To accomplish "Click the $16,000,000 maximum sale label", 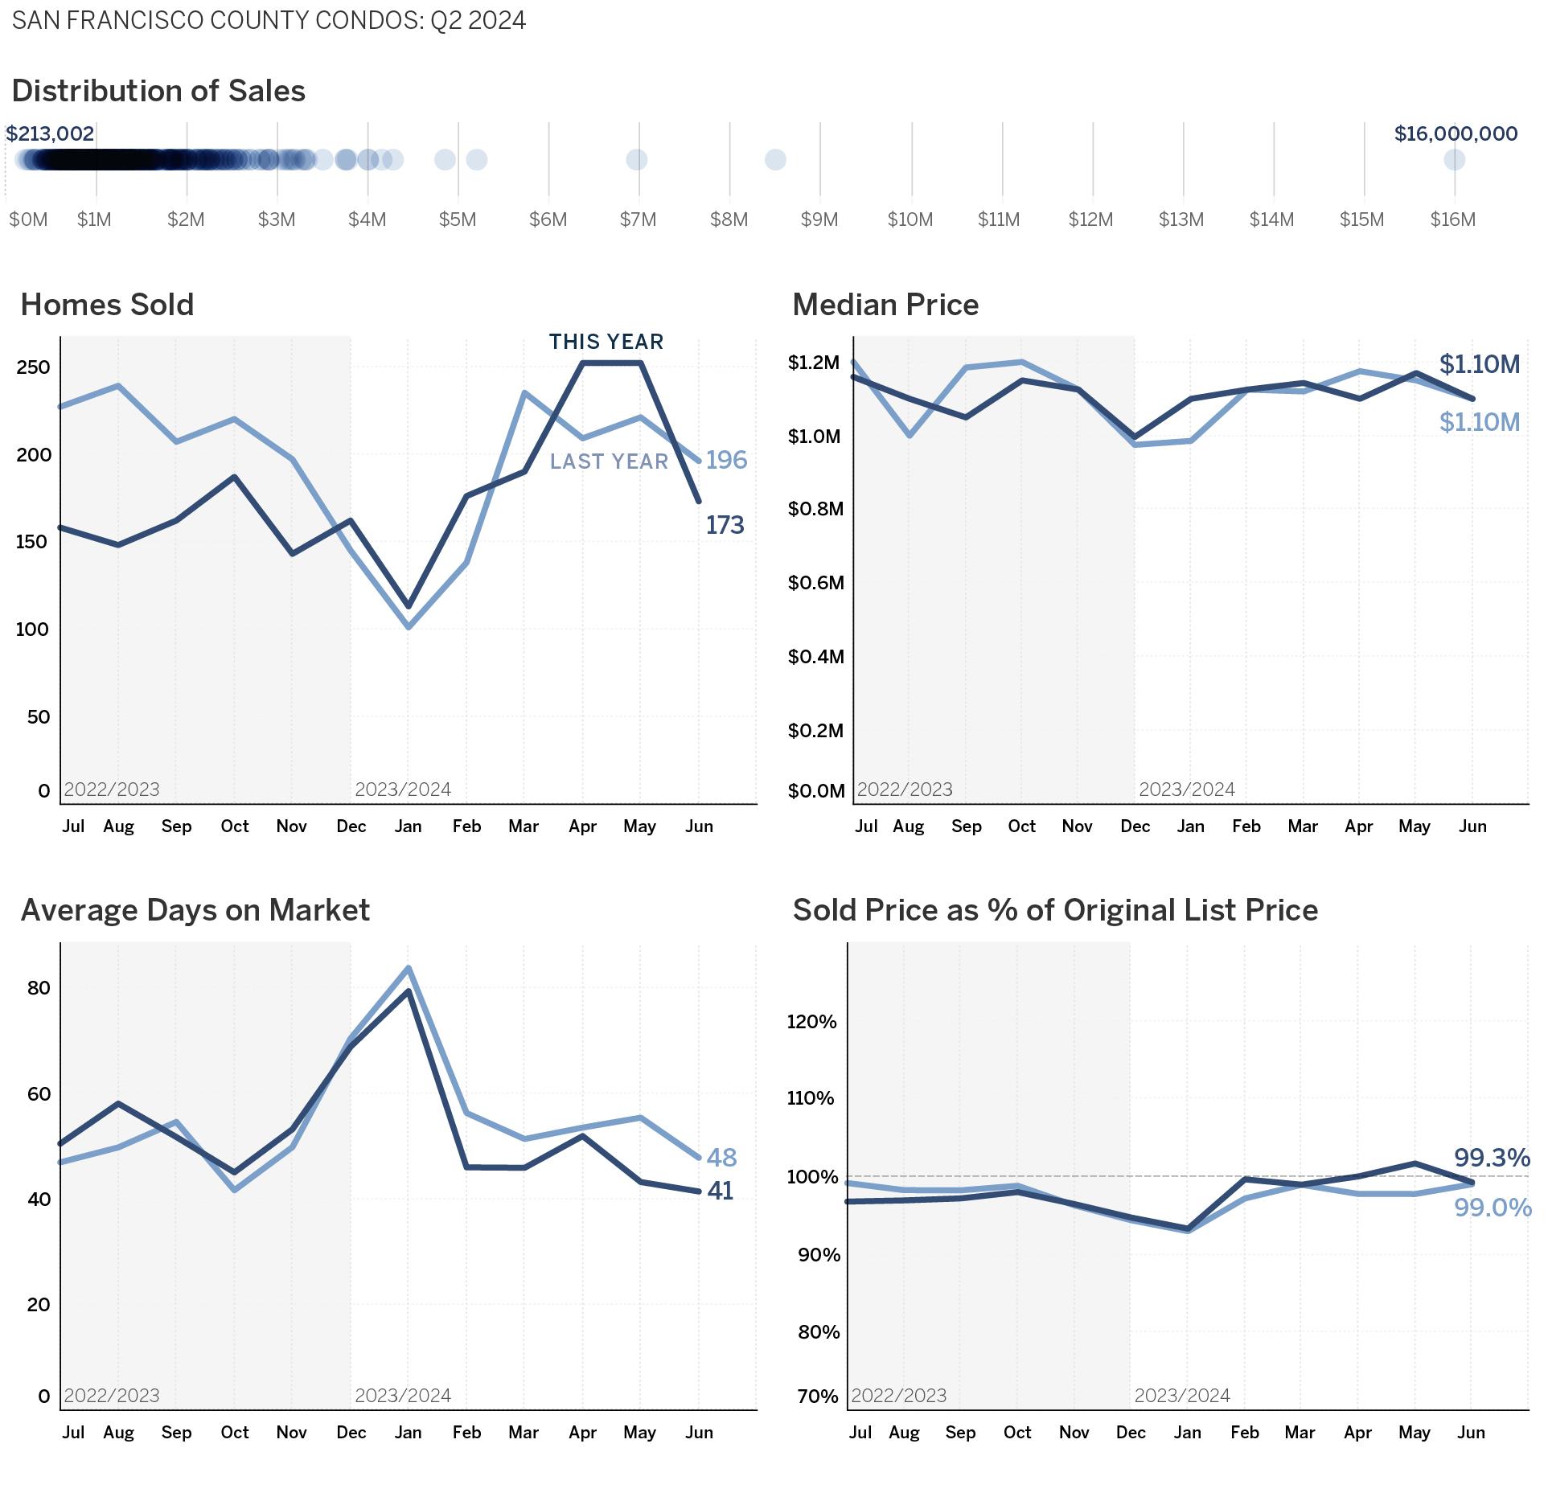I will point(1456,133).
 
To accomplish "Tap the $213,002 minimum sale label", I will point(50,133).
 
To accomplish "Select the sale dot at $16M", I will point(1454,160).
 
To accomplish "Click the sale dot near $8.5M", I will point(775,160).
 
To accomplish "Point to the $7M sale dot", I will point(636,160).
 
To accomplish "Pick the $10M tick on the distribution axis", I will point(910,219).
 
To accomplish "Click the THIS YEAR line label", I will point(606,342).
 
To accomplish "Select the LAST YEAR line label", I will point(609,461).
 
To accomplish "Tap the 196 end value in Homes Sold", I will point(726,460).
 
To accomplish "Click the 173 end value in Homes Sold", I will point(725,525).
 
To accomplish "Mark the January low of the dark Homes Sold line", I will point(409,606).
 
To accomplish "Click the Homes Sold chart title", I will point(107,305).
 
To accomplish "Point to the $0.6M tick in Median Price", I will point(815,583).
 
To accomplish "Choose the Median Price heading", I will point(885,305).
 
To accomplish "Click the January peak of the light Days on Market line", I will point(409,968).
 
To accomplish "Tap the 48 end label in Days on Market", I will point(721,1157).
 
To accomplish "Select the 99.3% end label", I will point(1491,1158).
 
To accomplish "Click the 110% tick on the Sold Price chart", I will point(811,1098).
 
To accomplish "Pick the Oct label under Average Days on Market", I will point(235,1432).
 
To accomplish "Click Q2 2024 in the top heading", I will point(478,20).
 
